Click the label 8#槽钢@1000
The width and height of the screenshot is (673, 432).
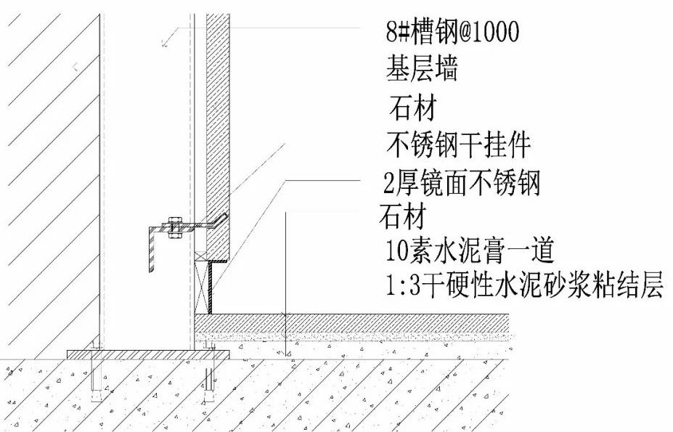point(452,33)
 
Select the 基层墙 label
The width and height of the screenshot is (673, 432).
point(420,71)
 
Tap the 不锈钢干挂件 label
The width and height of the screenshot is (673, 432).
point(458,146)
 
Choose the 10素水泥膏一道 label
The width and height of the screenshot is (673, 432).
point(470,252)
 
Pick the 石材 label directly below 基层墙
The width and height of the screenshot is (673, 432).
point(412,110)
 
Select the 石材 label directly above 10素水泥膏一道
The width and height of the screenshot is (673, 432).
point(401,216)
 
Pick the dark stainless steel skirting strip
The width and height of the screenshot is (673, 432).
point(211,288)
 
